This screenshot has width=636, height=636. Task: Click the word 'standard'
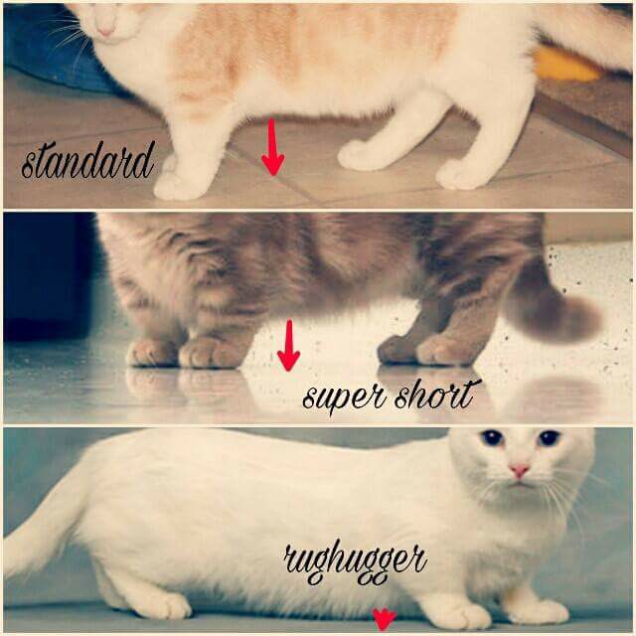88,161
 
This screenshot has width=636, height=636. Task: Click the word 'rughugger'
355,562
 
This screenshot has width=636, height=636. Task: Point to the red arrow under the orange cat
273,147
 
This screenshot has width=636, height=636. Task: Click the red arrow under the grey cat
289,345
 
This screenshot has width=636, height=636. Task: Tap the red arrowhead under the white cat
384,619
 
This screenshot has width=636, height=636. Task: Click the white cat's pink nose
519,470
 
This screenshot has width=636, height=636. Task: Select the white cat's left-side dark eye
492,437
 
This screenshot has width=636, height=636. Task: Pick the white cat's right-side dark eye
550,437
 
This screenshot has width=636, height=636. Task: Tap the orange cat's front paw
178,188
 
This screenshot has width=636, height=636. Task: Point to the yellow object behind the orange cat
564,66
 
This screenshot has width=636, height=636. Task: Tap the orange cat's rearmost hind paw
461,177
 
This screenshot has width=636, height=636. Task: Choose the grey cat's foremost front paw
210,353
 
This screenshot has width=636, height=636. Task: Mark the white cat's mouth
519,484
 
